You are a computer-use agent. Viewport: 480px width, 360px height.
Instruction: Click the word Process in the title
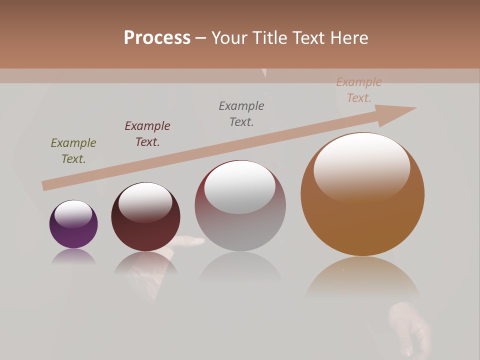[157, 38]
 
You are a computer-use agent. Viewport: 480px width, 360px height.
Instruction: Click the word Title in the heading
[268, 38]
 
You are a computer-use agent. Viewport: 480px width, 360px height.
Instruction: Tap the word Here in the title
[349, 38]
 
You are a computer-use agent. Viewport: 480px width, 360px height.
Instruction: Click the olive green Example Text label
[73, 151]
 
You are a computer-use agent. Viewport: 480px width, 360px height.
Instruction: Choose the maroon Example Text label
[147, 134]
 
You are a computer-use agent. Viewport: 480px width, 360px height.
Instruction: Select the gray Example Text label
[241, 114]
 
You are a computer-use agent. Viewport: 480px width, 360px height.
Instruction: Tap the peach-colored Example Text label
[358, 90]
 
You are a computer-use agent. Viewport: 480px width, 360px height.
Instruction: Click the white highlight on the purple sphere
[73, 213]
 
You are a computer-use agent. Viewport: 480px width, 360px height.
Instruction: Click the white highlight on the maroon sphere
[145, 201]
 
